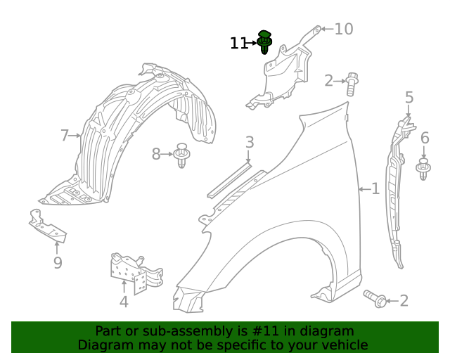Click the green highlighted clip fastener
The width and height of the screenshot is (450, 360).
pyautogui.click(x=265, y=42)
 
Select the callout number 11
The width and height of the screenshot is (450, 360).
pyautogui.click(x=239, y=44)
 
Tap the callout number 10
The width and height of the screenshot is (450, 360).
pyautogui.click(x=343, y=30)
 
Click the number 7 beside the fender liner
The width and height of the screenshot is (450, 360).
pyautogui.click(x=65, y=136)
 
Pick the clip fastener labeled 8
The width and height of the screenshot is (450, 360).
pyautogui.click(x=182, y=155)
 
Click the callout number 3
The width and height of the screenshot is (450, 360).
pyautogui.click(x=250, y=143)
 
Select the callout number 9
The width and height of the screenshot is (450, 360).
pyautogui.click(x=58, y=263)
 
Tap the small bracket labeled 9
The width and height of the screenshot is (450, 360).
pyautogui.click(x=47, y=226)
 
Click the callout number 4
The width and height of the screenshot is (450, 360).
pyautogui.click(x=124, y=302)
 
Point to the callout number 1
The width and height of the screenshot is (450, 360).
pyautogui.click(x=375, y=188)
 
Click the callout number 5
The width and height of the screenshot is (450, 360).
pyautogui.click(x=409, y=98)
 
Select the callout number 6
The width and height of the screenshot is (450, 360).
pyautogui.click(x=425, y=139)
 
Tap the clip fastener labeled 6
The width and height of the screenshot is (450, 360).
pyautogui.click(x=423, y=169)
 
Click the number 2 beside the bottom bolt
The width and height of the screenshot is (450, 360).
pyautogui.click(x=404, y=301)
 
